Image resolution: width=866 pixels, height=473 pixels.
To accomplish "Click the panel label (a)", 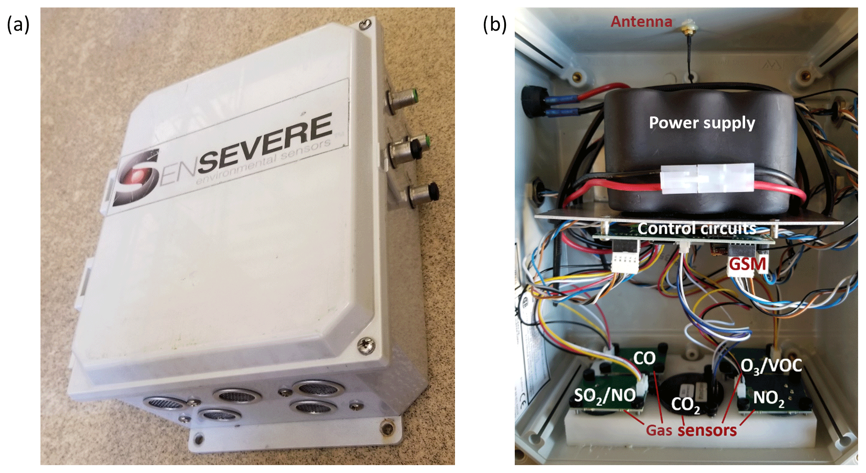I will click(18, 25).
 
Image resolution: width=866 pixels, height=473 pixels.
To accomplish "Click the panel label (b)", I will click(495, 25).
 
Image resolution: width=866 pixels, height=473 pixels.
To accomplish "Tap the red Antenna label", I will click(641, 22).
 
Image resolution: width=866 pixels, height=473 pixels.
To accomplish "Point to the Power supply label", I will click(702, 123).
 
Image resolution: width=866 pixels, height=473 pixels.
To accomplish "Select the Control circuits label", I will click(697, 229).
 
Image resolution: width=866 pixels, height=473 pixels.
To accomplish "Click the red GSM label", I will click(747, 265).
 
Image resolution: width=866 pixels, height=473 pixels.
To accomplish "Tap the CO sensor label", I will click(644, 358).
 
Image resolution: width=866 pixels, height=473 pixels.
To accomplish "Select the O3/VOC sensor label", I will click(771, 366).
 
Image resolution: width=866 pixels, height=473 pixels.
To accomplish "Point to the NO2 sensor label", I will click(768, 398).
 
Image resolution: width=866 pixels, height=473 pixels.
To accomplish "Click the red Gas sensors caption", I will click(691, 430).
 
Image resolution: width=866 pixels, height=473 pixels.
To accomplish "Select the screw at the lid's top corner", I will click(365, 25).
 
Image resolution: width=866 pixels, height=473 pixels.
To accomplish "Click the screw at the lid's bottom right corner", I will click(366, 345).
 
